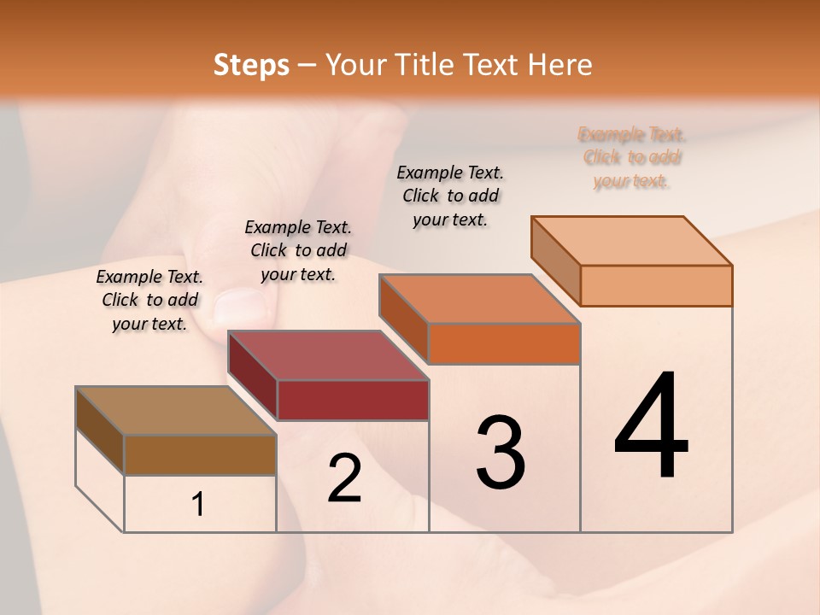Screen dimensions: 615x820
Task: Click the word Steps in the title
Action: coord(251,65)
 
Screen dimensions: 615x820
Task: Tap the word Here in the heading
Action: coord(559,65)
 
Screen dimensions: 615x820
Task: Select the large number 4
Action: coord(652,426)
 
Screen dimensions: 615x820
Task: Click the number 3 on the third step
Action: coord(500,453)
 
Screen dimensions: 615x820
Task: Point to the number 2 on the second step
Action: coord(345,479)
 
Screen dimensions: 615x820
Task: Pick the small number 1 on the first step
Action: coord(198,505)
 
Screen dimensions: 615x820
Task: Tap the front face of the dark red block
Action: coord(353,400)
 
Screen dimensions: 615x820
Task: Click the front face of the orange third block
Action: coord(504,344)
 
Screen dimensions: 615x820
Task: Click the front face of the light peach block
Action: coord(656,285)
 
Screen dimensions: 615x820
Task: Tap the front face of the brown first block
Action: coord(200,454)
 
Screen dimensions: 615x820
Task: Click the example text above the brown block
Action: coord(149,301)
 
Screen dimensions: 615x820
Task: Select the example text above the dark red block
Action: coord(298,251)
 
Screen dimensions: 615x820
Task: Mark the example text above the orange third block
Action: coord(450,196)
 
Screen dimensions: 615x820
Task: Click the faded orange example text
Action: coord(632,158)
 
